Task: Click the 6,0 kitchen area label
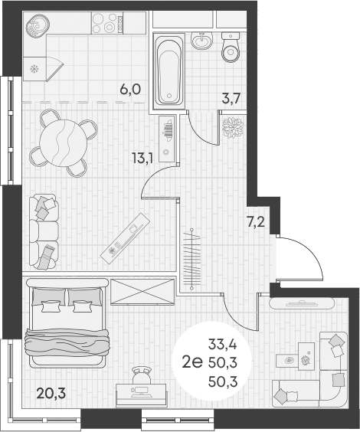(130, 89)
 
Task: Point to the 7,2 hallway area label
(256, 223)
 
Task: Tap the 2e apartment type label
(192, 362)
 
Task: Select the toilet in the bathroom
(231, 48)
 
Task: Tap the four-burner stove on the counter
(108, 24)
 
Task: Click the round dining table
(64, 139)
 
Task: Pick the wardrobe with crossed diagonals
(143, 292)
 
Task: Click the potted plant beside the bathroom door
(231, 127)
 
